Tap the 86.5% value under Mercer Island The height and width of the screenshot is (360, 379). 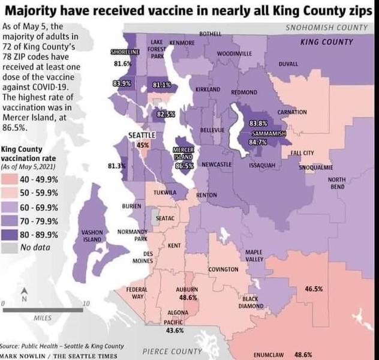[x=184, y=165]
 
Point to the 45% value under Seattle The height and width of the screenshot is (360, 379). [x=143, y=145]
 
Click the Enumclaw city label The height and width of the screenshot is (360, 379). [x=267, y=355]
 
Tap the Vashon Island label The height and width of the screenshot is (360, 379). [x=92, y=235]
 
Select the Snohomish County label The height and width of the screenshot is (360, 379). [x=326, y=28]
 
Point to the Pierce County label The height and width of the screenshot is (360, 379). [x=172, y=351]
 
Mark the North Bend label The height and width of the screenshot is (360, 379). [x=336, y=183]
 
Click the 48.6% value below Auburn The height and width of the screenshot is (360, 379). [x=188, y=297]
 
